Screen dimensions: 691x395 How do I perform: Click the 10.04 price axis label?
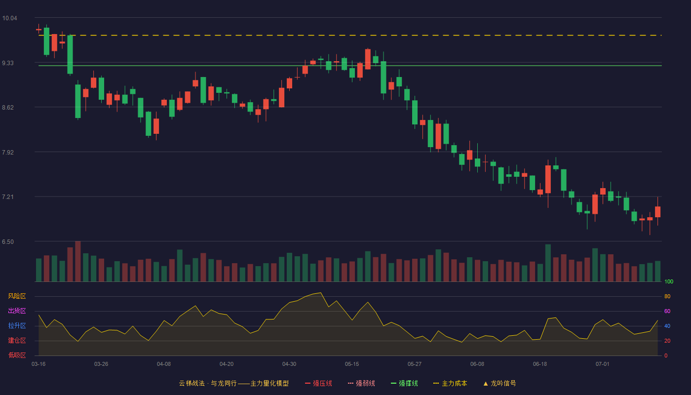[9, 18]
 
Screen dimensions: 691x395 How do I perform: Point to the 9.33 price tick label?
[8, 63]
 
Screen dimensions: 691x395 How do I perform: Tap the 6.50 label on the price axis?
[8, 242]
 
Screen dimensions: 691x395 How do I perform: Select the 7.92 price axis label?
[8, 153]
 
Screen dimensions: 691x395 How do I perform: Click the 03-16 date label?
[38, 364]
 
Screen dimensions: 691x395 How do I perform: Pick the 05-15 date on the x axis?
[352, 364]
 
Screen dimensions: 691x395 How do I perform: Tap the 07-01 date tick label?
[603, 364]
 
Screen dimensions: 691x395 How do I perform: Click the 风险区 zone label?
[17, 296]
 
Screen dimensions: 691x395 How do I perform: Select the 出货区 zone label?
[17, 311]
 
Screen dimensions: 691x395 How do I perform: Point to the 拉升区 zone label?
[17, 325]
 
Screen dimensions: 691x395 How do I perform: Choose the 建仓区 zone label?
[17, 340]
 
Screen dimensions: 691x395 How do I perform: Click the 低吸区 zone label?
[17, 355]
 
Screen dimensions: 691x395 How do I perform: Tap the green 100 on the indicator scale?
[669, 281]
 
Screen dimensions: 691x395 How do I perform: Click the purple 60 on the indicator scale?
[667, 311]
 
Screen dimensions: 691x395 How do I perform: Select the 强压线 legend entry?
[319, 383]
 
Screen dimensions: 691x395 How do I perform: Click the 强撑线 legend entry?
[404, 383]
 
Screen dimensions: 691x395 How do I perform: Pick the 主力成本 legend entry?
[450, 383]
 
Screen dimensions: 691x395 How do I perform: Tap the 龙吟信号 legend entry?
[499, 383]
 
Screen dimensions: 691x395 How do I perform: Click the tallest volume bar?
[78, 261]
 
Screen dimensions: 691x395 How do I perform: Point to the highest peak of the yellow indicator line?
[321, 292]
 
